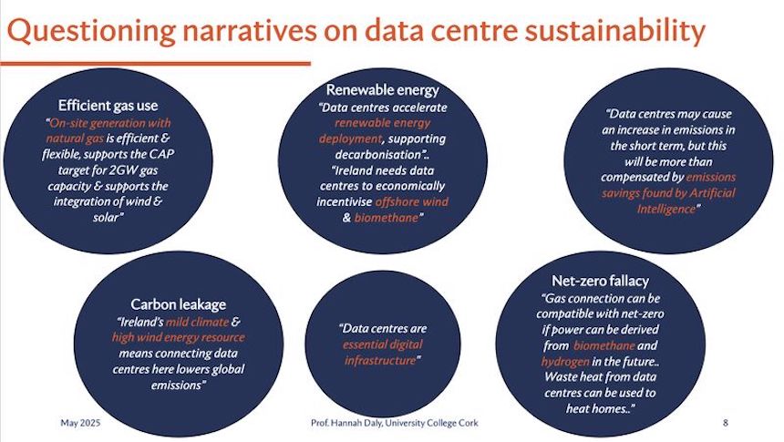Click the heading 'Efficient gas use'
pos(108,106)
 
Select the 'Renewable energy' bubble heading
pos(383,90)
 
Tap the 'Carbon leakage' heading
pos(179,304)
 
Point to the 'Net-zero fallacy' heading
pos(601,281)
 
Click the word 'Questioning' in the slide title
pos(91,31)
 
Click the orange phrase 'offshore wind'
pos(411,202)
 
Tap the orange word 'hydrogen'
pos(565,362)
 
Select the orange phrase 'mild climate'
pos(197,322)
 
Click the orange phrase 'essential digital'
pos(383,344)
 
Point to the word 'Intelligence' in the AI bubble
pos(666,209)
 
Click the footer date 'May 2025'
pos(80,423)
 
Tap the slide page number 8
pos(726,423)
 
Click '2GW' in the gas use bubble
pos(123,170)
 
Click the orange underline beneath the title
pos(156,64)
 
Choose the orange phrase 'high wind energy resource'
pos(179,337)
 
